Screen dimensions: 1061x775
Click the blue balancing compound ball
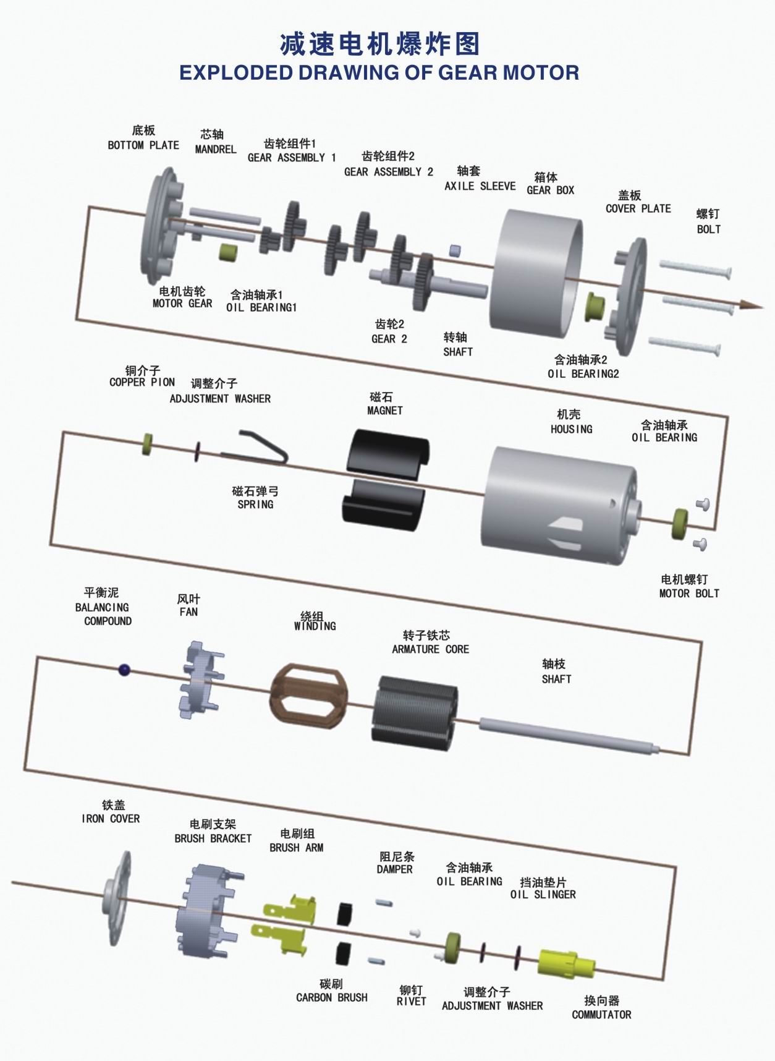click(x=124, y=669)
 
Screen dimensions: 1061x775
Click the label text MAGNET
click(x=384, y=411)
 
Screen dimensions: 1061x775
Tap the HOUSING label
click(x=571, y=429)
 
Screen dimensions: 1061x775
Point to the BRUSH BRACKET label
click(x=213, y=838)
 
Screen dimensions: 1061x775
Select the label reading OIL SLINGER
click(x=543, y=895)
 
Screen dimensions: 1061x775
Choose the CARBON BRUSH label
click(x=331, y=997)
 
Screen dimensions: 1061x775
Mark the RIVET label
click(x=411, y=1001)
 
